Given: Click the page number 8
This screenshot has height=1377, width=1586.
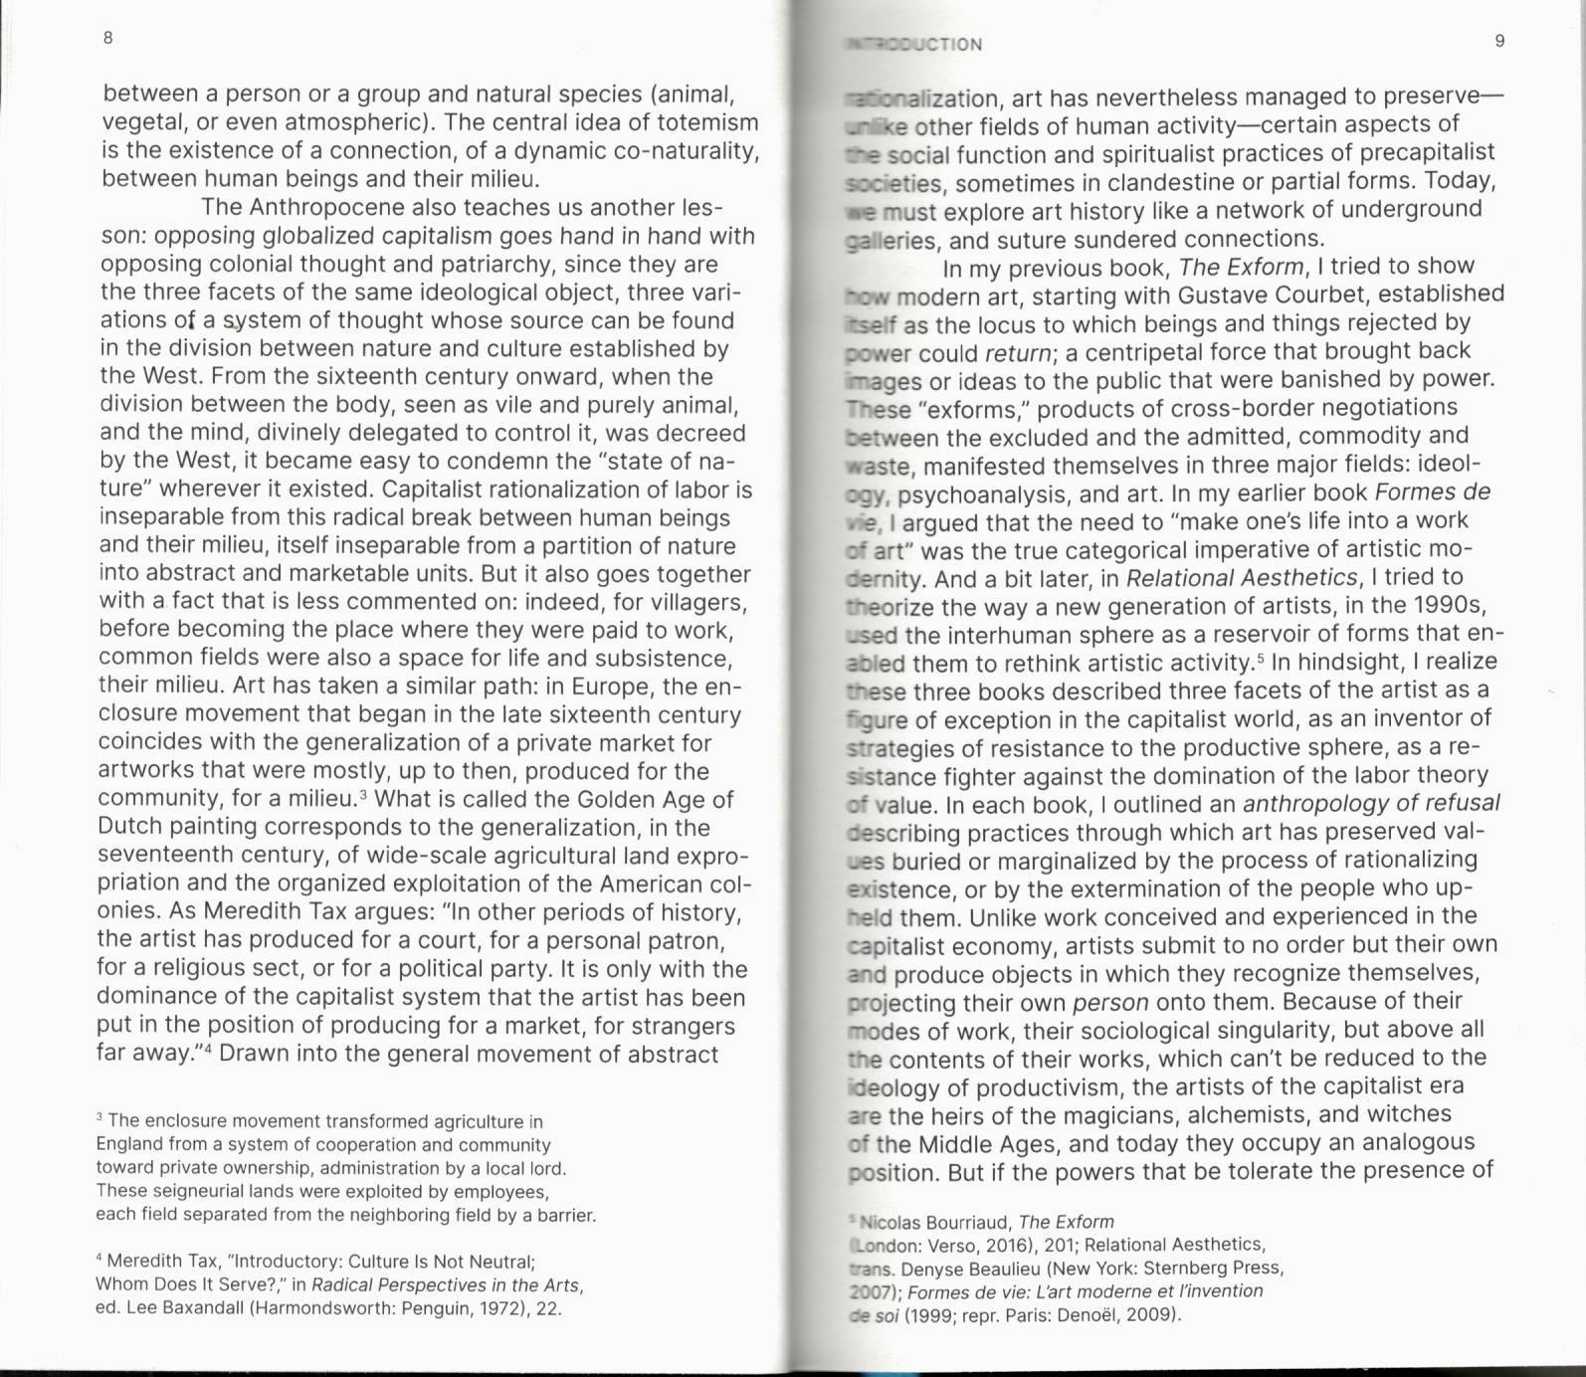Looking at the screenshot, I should click(x=107, y=38).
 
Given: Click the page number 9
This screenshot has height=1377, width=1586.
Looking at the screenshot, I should click(x=1499, y=41).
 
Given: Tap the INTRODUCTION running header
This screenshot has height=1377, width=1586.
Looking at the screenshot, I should click(x=913, y=45).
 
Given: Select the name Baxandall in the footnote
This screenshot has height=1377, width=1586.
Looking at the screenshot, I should click(x=200, y=1308).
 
